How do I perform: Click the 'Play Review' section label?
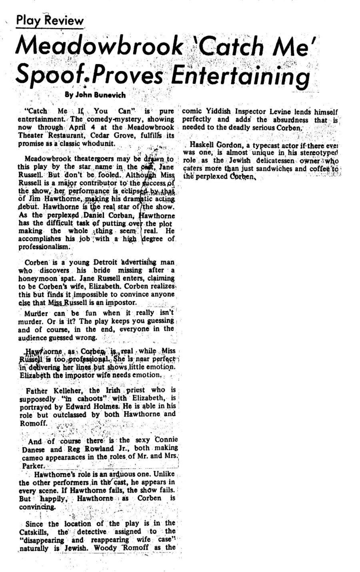coord(50,20)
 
